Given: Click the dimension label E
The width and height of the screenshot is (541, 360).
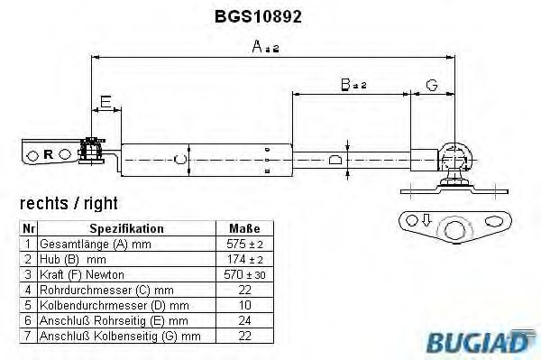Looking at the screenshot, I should (105, 102).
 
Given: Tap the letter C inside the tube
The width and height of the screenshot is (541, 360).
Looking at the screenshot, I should (179, 160).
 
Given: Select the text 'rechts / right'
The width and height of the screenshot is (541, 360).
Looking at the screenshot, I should (69, 204).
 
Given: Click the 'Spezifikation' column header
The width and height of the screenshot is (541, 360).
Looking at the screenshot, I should (126, 229).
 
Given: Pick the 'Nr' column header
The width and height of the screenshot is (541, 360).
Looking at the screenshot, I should (29, 229).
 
